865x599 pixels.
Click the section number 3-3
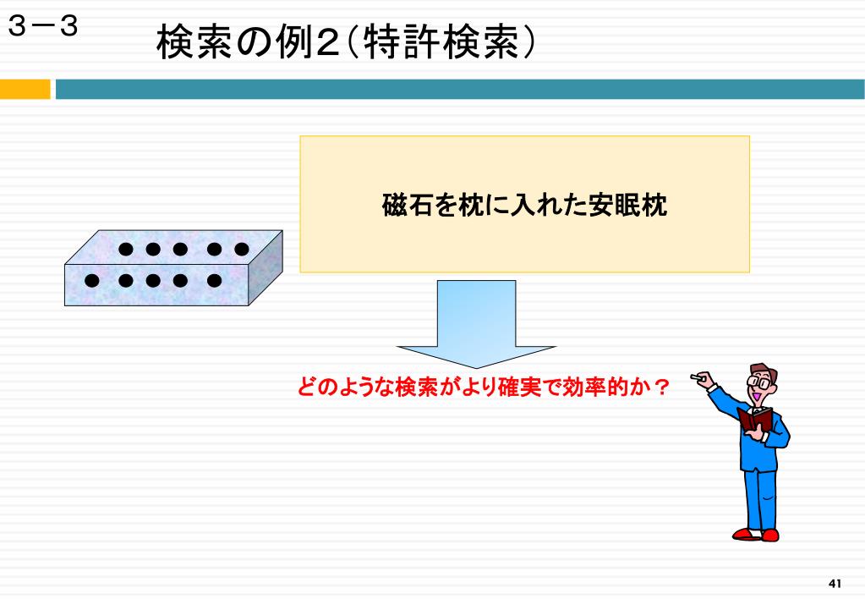click(44, 28)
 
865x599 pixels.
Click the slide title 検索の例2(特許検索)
click(346, 42)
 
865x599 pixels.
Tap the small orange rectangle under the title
click(25, 89)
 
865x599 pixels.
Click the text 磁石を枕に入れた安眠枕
click(524, 206)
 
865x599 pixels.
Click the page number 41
click(835, 584)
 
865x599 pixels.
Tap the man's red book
click(755, 420)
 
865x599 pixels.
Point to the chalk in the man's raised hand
click(696, 376)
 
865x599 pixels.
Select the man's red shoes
click(757, 534)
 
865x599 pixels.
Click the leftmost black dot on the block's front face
click(91, 280)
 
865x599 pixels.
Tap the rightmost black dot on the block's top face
click(242, 249)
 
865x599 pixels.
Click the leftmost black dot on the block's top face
click(126, 249)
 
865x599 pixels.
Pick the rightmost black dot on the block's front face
click(214, 280)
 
